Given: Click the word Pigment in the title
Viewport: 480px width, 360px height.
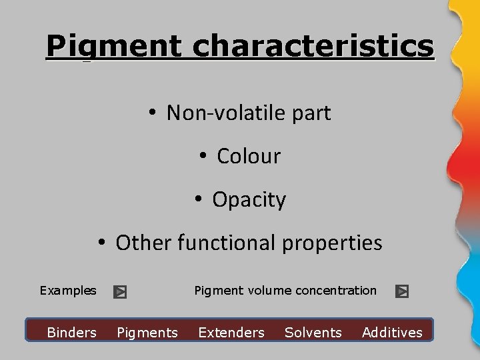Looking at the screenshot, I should point(114,47).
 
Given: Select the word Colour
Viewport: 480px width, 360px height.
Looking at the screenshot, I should point(249,157).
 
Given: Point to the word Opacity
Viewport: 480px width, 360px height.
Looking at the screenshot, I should point(249,200).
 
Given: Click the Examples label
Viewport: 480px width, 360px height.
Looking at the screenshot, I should point(68,291).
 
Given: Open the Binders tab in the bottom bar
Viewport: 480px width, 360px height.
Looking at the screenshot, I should point(72,333).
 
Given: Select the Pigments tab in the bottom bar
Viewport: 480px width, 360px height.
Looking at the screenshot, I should point(147,333).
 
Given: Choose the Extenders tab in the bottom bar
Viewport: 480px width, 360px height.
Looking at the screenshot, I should point(231,333).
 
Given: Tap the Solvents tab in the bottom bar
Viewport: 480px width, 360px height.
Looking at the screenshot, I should point(313,333).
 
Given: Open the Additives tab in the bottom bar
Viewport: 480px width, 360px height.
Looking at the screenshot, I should point(392,333).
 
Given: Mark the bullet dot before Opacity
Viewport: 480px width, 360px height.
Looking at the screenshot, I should point(198,200).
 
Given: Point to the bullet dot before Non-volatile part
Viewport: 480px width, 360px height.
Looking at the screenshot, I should point(153,113).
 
